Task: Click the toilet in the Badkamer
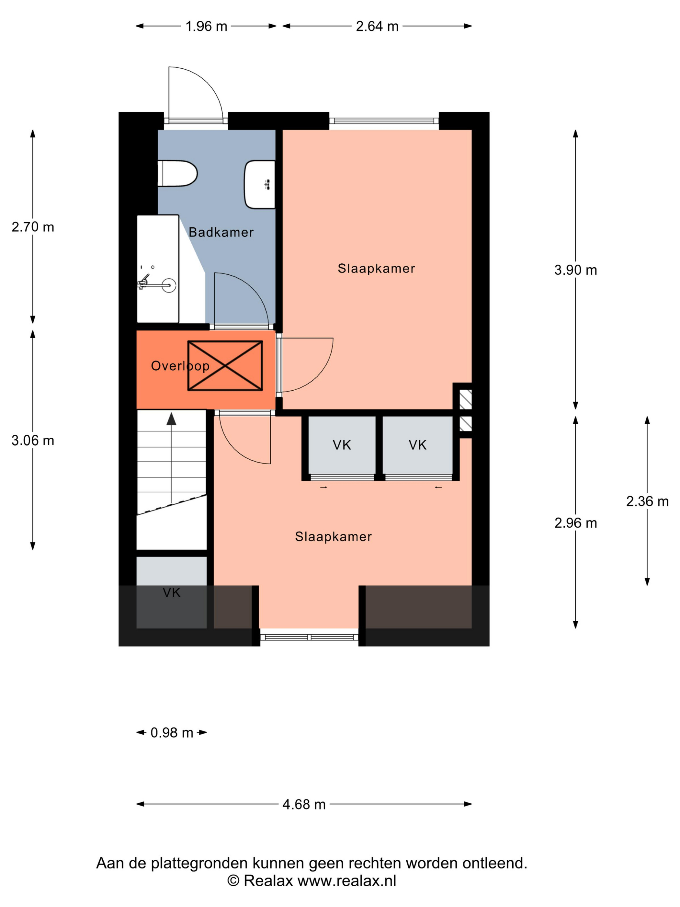pyautogui.click(x=177, y=173)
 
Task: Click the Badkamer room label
pyautogui.click(x=221, y=233)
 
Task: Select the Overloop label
pyautogui.click(x=180, y=366)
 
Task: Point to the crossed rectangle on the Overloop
pyautogui.click(x=225, y=366)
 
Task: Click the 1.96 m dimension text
pyautogui.click(x=206, y=26)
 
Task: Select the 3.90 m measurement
pyautogui.click(x=575, y=270)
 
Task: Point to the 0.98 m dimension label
pyautogui.click(x=172, y=733)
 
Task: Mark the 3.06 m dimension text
pyautogui.click(x=33, y=440)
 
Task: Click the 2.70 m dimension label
pyautogui.click(x=33, y=227)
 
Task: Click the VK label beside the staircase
pyautogui.click(x=171, y=592)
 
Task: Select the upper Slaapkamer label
pyautogui.click(x=376, y=269)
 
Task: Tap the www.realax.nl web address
pyautogui.click(x=347, y=881)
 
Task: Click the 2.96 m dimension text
pyautogui.click(x=575, y=523)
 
